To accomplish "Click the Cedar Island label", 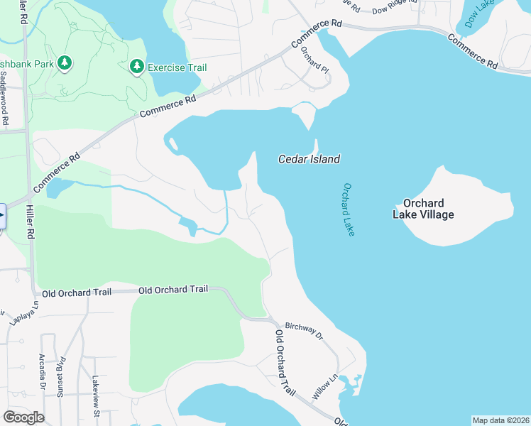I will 308,159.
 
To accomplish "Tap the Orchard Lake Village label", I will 427,209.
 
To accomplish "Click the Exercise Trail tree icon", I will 136,67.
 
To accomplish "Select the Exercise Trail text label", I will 177,67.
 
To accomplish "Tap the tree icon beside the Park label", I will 65,63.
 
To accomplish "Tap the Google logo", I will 23,417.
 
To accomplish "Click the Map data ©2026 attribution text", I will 500,420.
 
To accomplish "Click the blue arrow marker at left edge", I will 2,216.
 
